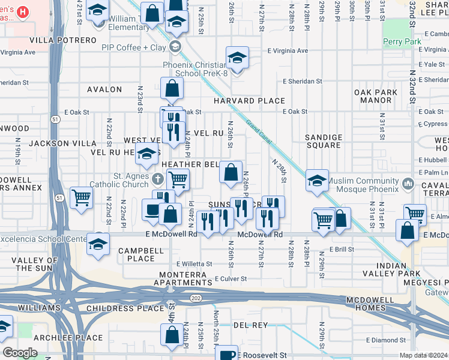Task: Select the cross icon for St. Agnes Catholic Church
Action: coord(157,179)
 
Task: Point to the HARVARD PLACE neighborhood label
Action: coord(250,100)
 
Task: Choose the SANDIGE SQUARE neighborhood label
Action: coord(324,141)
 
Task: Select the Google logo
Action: coord(20,352)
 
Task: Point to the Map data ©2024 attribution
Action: coord(423,355)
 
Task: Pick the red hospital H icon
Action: coord(22,11)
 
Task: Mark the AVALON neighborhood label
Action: coord(104,89)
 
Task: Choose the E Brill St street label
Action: coord(342,249)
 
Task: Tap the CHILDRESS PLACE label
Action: coord(125,308)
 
